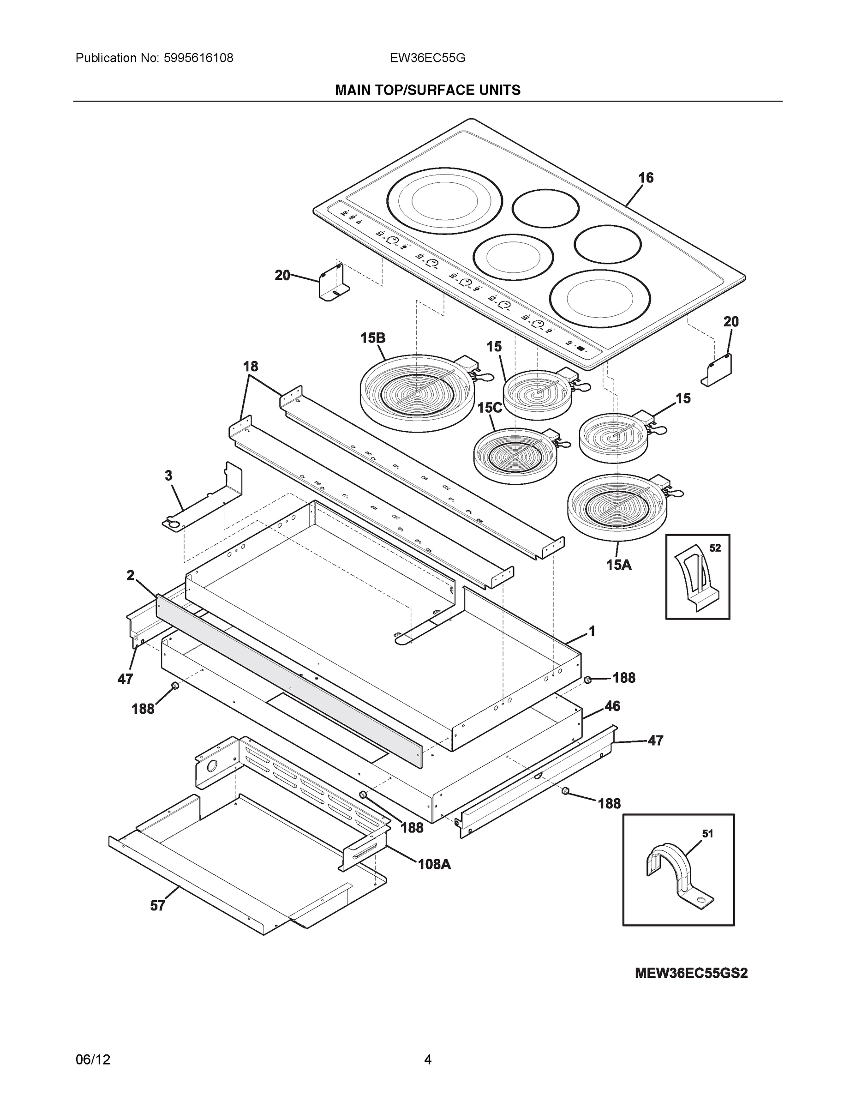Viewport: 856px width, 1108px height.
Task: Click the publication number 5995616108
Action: [x=198, y=58]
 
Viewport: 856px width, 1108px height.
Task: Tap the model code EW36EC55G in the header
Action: [x=427, y=58]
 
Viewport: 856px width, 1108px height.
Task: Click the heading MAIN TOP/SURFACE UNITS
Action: [x=427, y=90]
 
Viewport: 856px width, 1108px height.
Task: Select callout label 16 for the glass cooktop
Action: [x=646, y=178]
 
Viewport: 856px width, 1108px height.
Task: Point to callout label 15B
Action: [x=373, y=338]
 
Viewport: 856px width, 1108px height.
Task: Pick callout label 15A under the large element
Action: [x=619, y=564]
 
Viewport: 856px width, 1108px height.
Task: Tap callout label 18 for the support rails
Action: [x=250, y=366]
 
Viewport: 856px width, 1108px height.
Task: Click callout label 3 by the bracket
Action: [x=168, y=476]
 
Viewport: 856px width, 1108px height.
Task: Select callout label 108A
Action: [x=434, y=864]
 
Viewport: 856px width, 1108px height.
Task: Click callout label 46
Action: [x=612, y=706]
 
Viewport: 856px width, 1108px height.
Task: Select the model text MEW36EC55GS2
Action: [x=691, y=974]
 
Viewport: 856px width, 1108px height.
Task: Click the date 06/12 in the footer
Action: [x=93, y=1060]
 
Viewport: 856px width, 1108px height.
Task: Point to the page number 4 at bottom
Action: [x=427, y=1060]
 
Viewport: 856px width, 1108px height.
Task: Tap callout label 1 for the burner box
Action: [x=591, y=631]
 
